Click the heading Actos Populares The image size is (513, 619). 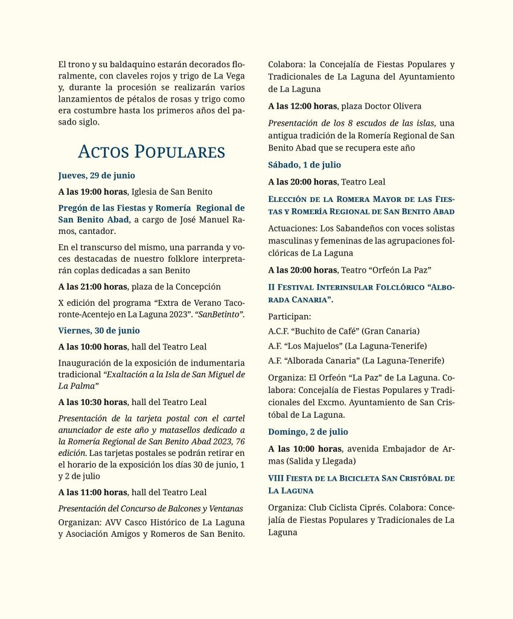(151, 151)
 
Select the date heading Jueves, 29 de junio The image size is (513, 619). (97, 176)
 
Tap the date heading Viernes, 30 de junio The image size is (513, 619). (99, 330)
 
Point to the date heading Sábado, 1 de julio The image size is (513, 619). (305, 164)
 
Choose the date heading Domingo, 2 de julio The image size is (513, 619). (308, 432)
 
